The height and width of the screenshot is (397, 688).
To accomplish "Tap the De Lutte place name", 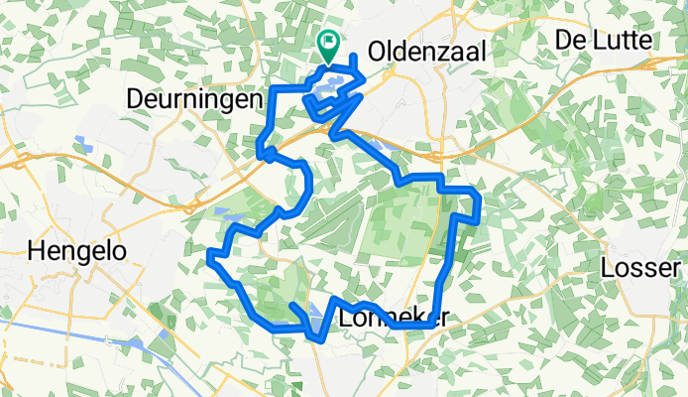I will click(604, 41).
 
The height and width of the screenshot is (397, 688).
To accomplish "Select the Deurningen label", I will click(194, 100).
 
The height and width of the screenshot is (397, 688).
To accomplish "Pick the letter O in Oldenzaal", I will click(378, 51).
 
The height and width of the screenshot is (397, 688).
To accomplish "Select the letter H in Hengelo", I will click(40, 251).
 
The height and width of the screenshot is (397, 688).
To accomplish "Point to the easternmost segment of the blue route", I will click(479, 203).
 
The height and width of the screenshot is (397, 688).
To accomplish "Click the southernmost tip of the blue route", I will click(317, 340).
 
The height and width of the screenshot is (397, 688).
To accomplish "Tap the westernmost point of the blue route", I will click(209, 260).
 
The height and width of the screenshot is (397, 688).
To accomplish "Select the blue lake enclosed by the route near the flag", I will click(331, 87).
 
